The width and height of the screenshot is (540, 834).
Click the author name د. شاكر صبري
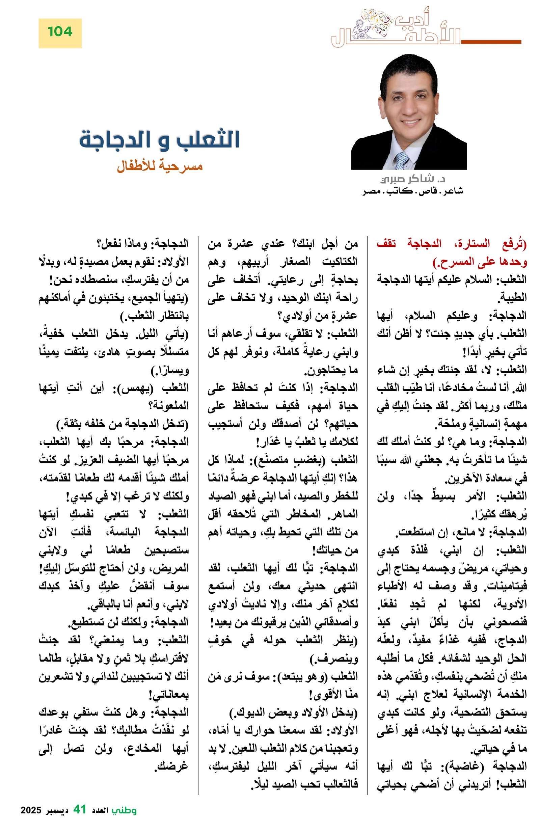tap(412, 179)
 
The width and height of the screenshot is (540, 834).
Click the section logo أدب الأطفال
tap(396, 30)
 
